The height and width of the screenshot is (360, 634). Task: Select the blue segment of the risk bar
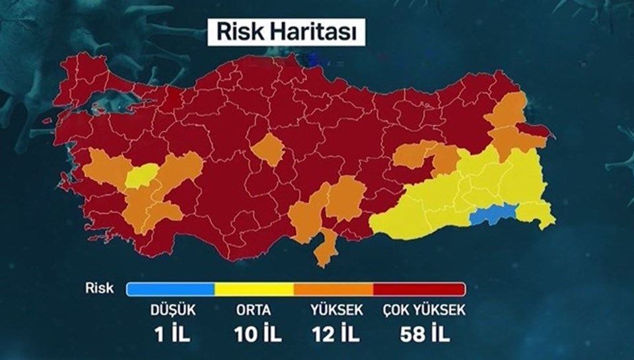pos(170,289)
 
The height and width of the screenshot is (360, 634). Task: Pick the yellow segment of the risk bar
pos(254,289)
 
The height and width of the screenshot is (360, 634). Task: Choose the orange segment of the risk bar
pos(334,289)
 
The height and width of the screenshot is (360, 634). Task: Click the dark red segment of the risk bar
pos(419,289)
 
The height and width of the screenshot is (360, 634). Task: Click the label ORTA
pos(254,309)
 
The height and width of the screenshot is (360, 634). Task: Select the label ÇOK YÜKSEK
pos(424,309)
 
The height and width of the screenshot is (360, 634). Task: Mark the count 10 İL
pos(258,334)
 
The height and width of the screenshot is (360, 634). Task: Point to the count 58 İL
pos(424,334)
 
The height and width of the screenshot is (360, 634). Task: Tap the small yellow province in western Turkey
pos(139,176)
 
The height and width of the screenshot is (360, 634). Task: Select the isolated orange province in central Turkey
pos(267,149)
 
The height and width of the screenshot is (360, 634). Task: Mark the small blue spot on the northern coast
pos(315,61)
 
